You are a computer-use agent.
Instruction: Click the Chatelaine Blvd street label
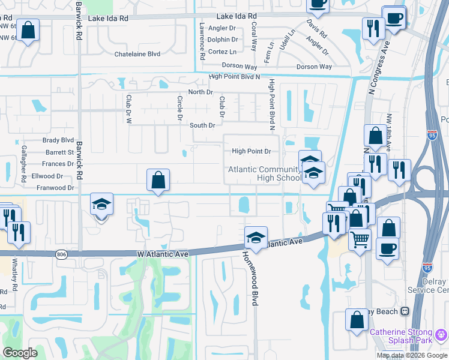pos(137,54)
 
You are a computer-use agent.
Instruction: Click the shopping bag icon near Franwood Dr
pos(158,180)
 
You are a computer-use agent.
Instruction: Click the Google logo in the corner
pos(20,353)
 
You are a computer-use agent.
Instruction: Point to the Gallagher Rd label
pos(24,164)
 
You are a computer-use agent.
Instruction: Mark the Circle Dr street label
pos(179,108)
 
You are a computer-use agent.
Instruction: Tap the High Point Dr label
pos(252,152)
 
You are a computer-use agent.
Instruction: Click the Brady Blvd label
pos(58,140)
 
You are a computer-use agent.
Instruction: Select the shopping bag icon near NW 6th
pos(28,30)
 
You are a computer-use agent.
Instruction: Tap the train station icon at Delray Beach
pos(405,311)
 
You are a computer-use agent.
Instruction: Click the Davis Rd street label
pos(316,26)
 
